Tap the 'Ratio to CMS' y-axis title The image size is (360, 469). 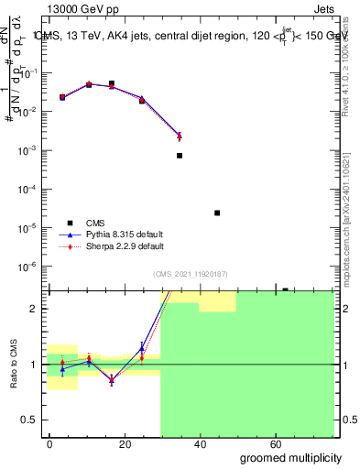(x=14, y=365)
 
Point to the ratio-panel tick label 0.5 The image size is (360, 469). (x=29, y=420)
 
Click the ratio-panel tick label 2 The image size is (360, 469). (x=35, y=309)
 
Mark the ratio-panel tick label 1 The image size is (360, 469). (x=35, y=365)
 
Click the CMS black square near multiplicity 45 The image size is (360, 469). (x=217, y=213)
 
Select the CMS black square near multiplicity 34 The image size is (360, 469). (x=180, y=156)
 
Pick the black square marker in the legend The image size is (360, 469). (x=70, y=223)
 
